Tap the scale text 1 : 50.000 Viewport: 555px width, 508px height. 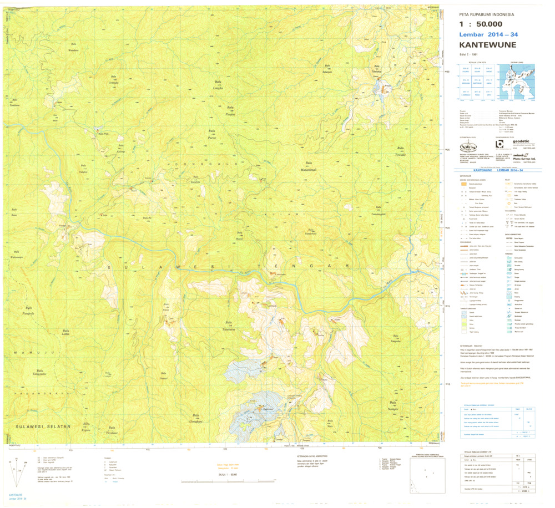(x=481, y=24)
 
